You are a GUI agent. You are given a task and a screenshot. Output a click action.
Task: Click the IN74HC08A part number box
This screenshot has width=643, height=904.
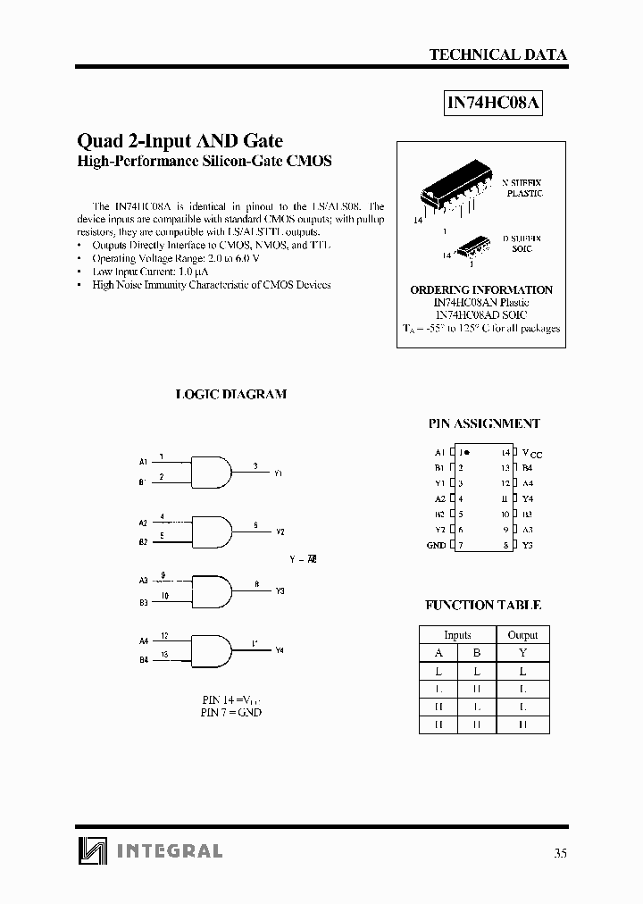tap(494, 103)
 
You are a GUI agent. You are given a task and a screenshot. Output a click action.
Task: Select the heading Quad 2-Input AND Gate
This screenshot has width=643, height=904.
tap(180, 140)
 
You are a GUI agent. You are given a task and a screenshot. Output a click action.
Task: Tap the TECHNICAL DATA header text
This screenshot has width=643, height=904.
tap(497, 54)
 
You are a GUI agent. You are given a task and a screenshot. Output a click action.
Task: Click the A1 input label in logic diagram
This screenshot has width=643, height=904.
tap(143, 462)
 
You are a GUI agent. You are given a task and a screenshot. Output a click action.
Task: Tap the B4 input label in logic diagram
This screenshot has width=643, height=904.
tap(143, 660)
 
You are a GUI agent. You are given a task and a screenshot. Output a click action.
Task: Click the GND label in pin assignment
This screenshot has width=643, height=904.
tap(436, 545)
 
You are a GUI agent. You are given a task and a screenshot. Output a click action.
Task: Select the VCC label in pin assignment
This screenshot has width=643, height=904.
tap(531, 454)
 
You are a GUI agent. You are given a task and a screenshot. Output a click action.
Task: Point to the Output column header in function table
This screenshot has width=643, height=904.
tap(522, 635)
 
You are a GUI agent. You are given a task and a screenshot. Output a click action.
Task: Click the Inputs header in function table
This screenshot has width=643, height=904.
tap(457, 635)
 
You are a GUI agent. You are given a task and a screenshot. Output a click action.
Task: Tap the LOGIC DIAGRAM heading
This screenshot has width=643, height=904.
tap(230, 394)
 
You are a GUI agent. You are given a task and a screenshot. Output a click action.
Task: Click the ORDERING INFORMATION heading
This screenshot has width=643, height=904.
tap(480, 290)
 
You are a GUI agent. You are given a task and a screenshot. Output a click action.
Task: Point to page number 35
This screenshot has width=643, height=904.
tap(560, 852)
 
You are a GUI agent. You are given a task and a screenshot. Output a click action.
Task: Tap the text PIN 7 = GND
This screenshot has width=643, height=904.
tap(231, 712)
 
